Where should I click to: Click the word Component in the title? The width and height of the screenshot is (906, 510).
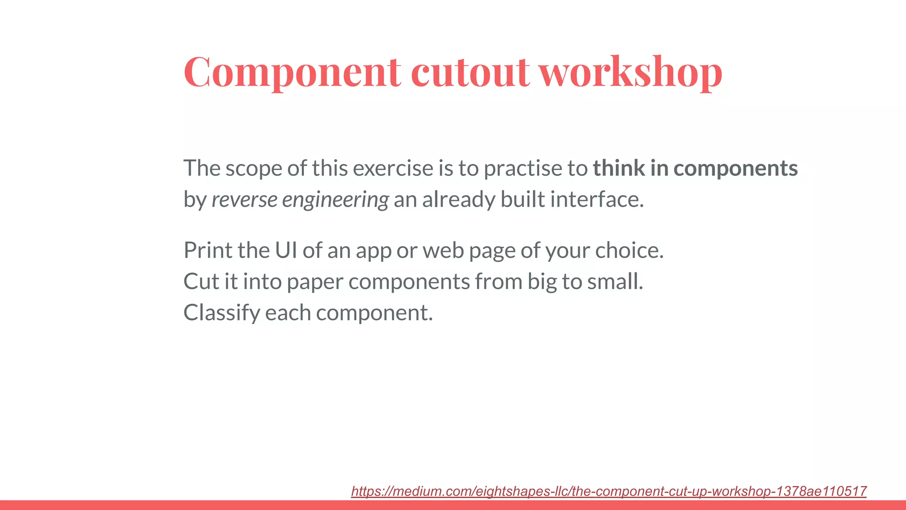292,72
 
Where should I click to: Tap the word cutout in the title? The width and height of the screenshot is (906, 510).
470,72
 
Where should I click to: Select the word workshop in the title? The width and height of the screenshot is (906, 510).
630,72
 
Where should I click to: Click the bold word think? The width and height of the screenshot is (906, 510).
618,168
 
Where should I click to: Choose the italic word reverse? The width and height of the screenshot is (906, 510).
244,200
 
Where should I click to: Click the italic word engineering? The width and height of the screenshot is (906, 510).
335,200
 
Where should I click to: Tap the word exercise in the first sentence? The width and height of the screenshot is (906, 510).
393,168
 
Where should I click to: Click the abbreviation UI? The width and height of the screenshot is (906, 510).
286,251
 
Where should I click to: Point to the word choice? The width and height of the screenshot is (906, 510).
629,251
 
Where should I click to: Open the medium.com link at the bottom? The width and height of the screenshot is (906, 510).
609,491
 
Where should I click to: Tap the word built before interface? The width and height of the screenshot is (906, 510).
522,200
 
